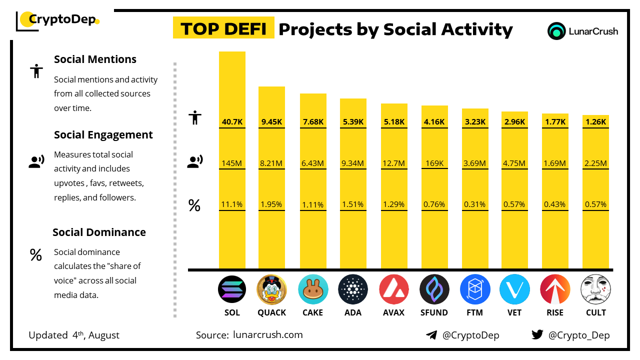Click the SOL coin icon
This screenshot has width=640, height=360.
pyautogui.click(x=232, y=289)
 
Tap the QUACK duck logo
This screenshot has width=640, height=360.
pyautogui.click(x=271, y=289)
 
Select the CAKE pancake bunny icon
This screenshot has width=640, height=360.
pyautogui.click(x=313, y=289)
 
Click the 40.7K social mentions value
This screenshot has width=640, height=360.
pyautogui.click(x=232, y=121)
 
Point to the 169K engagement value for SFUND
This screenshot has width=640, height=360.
pyautogui.click(x=434, y=163)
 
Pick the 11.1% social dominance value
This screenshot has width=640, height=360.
pyautogui.click(x=232, y=204)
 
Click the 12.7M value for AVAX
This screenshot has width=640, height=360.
pyautogui.click(x=394, y=163)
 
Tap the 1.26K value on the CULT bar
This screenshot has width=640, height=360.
pyautogui.click(x=595, y=121)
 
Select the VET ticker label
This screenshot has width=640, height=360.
pyautogui.click(x=514, y=312)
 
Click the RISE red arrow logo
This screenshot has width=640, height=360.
pyautogui.click(x=555, y=289)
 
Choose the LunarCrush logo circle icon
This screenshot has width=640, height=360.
pyautogui.click(x=556, y=31)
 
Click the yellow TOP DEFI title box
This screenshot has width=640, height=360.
pyautogui.click(x=223, y=28)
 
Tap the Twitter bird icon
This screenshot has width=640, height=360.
pyautogui.click(x=537, y=335)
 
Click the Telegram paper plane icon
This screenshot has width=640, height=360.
pyautogui.click(x=431, y=335)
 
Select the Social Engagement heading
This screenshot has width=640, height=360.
pyautogui.click(x=103, y=135)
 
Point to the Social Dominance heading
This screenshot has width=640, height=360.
pyautogui.click(x=99, y=232)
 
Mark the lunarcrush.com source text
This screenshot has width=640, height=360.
pyautogui.click(x=268, y=335)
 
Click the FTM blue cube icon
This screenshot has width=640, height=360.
pyautogui.click(x=474, y=289)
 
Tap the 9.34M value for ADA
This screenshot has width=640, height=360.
pyautogui.click(x=353, y=163)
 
